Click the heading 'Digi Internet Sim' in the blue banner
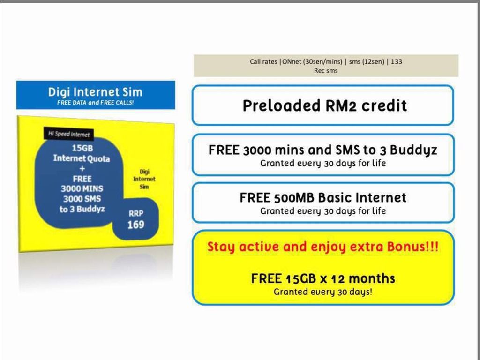coord(95,92)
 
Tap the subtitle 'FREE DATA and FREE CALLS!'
coord(95,103)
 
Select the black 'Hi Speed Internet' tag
coord(69,134)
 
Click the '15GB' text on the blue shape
coord(82,148)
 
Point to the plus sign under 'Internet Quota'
coord(82,169)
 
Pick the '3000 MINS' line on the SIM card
coord(82,188)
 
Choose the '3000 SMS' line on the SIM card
coord(82,199)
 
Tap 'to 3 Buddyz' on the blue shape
coord(82,209)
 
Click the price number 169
coord(135,225)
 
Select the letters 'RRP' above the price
coord(135,213)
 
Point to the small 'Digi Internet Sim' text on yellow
coord(144,179)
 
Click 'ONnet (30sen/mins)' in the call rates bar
coord(312,61)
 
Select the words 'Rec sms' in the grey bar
coord(326,71)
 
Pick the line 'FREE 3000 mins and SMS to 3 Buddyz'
coord(323,150)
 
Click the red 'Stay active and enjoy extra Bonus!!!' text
coord(323,247)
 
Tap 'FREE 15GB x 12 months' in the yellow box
coord(323,278)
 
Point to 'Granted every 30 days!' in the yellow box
coord(323,292)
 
